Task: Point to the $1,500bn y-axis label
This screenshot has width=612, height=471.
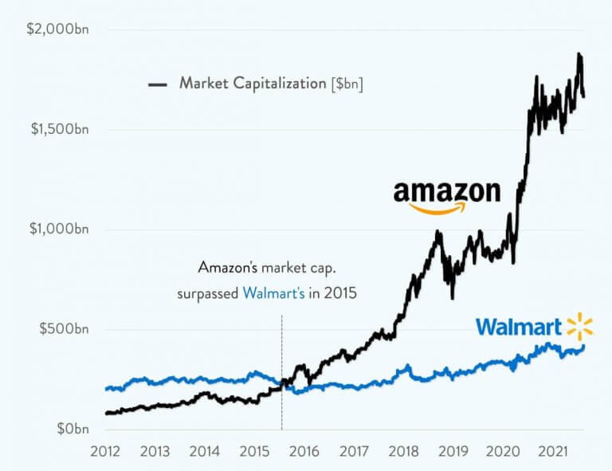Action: [x=61, y=130]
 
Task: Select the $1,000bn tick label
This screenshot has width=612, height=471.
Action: [x=61, y=230]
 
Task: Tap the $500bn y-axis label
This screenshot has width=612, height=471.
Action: [x=65, y=329]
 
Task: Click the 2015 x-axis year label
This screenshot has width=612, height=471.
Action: [x=254, y=451]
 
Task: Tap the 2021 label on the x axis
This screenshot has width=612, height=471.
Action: [x=552, y=451]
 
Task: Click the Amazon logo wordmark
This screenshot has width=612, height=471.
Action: [x=447, y=191]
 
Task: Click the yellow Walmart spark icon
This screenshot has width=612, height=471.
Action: [x=579, y=327]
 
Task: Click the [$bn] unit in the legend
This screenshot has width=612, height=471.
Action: [x=347, y=83]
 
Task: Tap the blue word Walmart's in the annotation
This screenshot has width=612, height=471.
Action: [x=273, y=292]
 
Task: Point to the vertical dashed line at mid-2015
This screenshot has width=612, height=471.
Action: [x=282, y=359]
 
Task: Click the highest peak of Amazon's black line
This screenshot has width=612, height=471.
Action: [x=579, y=55]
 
